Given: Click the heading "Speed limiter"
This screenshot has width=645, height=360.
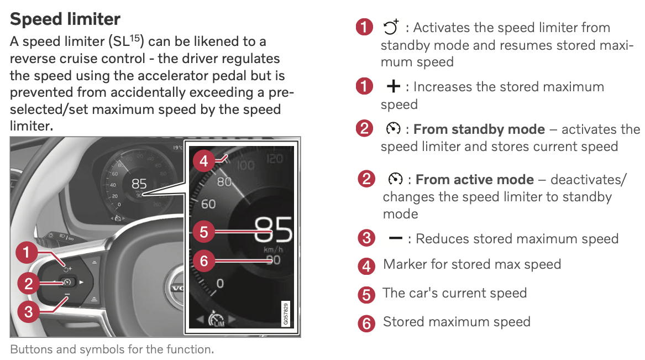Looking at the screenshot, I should tap(65, 19).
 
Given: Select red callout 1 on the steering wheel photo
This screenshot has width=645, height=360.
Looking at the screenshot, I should tap(28, 254).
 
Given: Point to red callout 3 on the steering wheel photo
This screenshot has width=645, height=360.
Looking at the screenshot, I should tap(28, 311).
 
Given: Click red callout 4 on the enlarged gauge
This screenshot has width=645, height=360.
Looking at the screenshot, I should tap(204, 161).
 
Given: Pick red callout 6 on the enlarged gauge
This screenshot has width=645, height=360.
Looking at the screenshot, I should tap(204, 260).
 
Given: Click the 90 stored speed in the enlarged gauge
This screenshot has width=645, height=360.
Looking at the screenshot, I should tap(273, 259).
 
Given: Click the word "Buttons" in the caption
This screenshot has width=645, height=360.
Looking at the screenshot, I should tap(29, 349).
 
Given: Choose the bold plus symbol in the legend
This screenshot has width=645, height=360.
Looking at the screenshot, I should tap(394, 87).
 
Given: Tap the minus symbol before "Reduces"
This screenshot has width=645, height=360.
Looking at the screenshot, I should tap(396, 238).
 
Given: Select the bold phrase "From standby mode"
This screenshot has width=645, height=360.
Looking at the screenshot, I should tap(479, 129).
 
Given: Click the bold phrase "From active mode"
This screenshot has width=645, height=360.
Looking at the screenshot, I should tap(474, 180).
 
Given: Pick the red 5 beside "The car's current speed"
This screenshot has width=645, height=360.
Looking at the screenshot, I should tap(366, 294).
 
